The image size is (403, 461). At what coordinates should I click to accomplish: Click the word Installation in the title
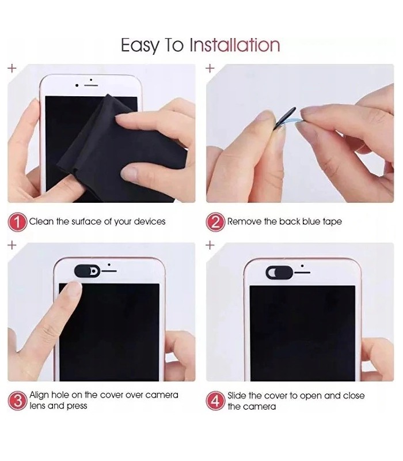235,45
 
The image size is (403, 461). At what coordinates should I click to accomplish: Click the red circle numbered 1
18,222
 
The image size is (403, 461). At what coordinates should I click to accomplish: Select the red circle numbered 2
215,222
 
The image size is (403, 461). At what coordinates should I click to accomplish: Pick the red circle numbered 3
18,400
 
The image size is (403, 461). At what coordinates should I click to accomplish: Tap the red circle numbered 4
215,400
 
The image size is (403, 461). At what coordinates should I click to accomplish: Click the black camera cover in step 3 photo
88,271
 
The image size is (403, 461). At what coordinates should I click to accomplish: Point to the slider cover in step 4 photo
279,272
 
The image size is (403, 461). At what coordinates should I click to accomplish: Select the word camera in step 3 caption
162,395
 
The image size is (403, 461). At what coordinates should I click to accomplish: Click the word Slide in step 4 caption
237,395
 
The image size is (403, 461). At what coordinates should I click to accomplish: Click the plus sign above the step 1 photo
12,68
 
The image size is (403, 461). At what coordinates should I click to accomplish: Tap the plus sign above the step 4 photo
210,245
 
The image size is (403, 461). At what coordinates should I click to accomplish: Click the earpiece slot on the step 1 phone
91,85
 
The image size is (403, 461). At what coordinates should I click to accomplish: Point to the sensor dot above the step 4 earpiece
302,266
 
